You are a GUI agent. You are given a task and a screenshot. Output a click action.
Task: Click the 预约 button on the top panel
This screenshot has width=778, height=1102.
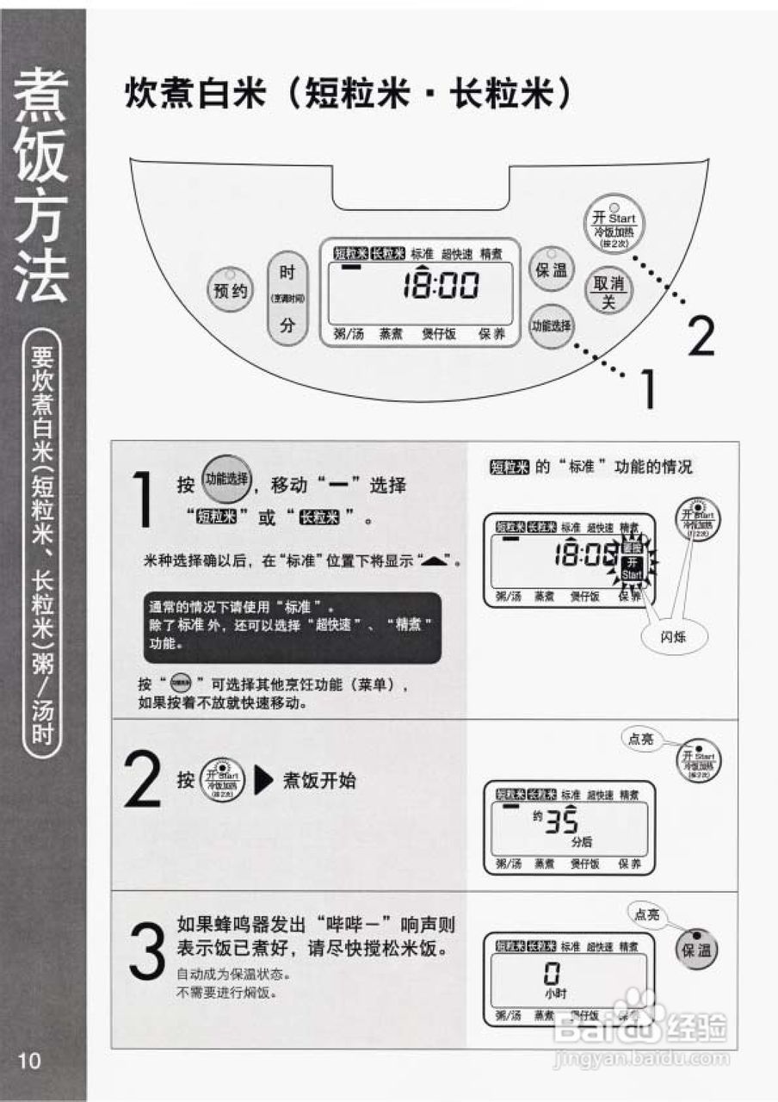click(x=229, y=290)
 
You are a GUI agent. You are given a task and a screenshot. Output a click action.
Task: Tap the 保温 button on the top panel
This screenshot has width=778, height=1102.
click(x=551, y=270)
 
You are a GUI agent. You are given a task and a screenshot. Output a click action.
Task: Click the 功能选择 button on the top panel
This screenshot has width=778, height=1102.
click(x=552, y=326)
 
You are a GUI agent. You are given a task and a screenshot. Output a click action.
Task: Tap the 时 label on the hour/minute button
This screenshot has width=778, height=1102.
click(x=287, y=273)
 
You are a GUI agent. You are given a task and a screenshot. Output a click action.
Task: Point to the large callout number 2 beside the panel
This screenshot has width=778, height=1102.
click(x=701, y=337)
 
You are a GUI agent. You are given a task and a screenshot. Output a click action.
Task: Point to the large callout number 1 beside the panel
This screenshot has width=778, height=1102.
click(x=645, y=389)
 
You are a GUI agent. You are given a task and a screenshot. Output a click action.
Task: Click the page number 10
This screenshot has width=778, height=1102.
click(x=29, y=1060)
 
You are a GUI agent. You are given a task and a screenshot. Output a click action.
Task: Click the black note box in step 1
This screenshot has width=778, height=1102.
click(x=292, y=628)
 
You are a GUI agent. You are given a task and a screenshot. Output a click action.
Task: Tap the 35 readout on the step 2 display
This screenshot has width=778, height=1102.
click(x=559, y=819)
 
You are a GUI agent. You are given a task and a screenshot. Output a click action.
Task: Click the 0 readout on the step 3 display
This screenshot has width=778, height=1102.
click(x=552, y=974)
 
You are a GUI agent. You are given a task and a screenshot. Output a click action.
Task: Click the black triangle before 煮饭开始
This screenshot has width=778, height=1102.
click(x=265, y=782)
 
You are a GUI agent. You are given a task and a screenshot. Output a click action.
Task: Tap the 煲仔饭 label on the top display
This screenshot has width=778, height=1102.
click(x=439, y=334)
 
